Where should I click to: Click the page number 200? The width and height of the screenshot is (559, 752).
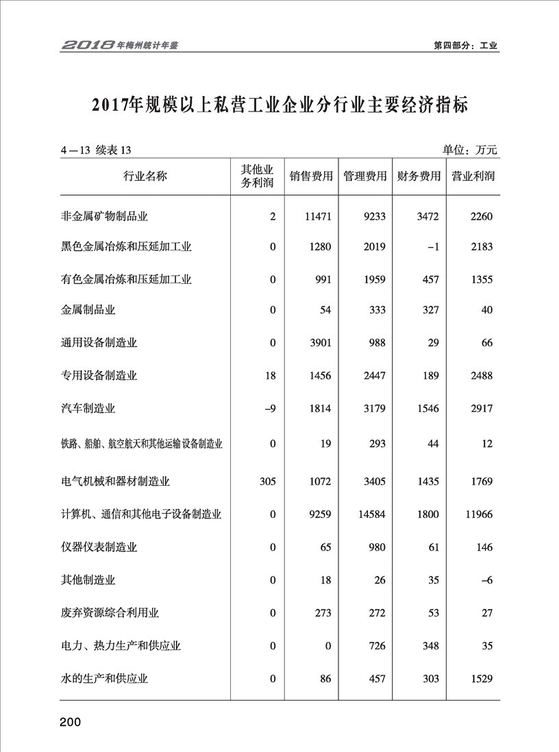(x=71, y=723)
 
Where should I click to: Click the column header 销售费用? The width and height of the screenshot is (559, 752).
(x=311, y=176)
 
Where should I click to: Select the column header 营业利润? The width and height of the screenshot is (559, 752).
(x=473, y=176)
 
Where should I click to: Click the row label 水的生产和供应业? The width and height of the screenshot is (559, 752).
(x=105, y=679)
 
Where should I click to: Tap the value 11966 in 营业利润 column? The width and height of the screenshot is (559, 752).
(x=478, y=514)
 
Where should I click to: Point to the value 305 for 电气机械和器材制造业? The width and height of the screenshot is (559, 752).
(x=267, y=482)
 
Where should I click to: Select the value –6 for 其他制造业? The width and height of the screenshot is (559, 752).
(x=486, y=580)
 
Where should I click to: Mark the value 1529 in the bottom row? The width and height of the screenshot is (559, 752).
(x=482, y=679)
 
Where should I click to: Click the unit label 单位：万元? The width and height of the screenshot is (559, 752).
(x=469, y=150)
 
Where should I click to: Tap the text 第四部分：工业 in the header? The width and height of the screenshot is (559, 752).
(x=466, y=46)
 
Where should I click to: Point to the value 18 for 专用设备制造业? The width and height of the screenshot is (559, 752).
(x=270, y=376)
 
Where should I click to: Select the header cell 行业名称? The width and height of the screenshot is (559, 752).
(x=145, y=176)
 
